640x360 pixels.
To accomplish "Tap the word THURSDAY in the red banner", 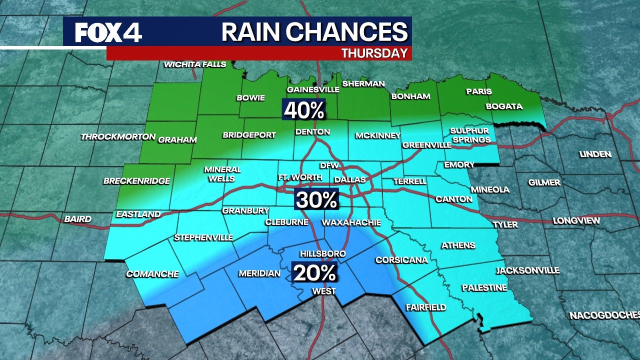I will pos(374,53).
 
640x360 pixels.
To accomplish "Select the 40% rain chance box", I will pos(304,110).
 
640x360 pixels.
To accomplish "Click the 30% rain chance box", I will pos(317,200).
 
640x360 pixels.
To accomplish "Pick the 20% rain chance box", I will pos(314,272).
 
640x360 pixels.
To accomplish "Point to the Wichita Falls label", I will pos(195,64).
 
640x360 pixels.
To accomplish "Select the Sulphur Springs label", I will pos(469,135).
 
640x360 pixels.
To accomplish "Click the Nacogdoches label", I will pos(604,315).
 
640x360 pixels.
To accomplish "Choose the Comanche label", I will pos(152,274).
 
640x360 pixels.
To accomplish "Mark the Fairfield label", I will pos(425,307).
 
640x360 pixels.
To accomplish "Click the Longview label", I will pos(576,221).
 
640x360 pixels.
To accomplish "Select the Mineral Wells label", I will pos(222,174).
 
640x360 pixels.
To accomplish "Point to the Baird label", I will pos(77,219).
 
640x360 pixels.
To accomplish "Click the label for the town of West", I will pos(324,291).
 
